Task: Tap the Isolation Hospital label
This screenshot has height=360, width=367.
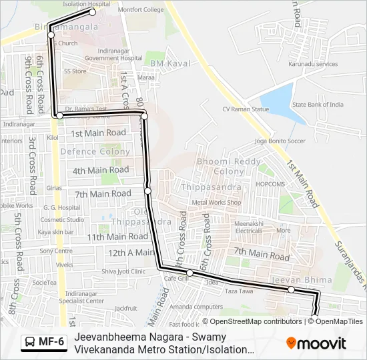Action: pos(87,4)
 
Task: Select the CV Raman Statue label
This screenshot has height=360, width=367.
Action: pos(246,109)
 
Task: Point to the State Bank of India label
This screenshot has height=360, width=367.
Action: pos(318,105)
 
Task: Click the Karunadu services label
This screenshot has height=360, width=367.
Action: pos(313,64)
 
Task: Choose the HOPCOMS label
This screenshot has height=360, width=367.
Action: pos(271,183)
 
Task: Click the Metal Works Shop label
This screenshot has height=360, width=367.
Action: pos(216,202)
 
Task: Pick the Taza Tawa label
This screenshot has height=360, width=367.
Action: pos(238,292)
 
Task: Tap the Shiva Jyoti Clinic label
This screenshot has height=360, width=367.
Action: pos(123,271)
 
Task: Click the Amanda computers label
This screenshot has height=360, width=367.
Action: pos(196,306)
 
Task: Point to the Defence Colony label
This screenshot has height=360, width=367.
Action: pos(95,151)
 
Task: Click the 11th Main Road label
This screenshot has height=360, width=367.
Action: pos(117,237)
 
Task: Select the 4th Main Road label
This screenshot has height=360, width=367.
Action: pos(101,170)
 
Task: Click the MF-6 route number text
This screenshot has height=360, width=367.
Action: pos(51,343)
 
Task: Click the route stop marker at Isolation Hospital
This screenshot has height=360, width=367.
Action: pos(93,11)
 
